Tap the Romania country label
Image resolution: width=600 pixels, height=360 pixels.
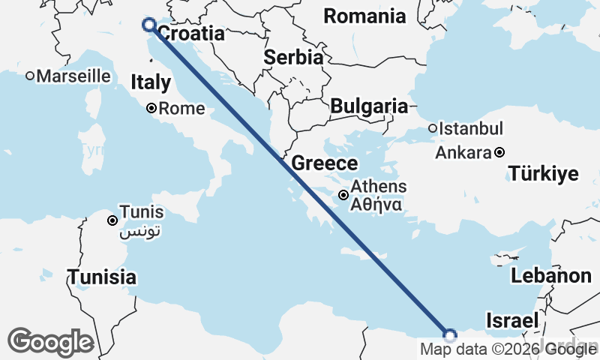point(364,16)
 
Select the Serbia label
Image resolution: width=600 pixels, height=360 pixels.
point(294,58)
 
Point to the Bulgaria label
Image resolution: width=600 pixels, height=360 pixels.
point(369,106)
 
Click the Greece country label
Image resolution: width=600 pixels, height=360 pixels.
point(325,163)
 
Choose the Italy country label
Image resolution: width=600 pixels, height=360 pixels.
point(151,82)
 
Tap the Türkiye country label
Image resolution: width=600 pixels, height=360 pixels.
point(544,175)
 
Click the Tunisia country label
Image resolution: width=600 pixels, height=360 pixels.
point(103,277)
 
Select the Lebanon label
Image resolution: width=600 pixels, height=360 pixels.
point(551,275)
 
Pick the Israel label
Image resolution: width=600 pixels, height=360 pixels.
point(512,320)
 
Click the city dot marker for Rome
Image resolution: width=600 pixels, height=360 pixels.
point(151,109)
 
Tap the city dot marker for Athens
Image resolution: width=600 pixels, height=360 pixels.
point(343,195)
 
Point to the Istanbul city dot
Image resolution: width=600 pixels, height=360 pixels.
point(433,128)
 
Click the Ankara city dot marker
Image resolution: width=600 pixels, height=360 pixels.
point(499,153)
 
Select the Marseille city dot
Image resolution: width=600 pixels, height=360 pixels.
point(30,76)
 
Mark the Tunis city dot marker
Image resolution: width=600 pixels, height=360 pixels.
point(112,220)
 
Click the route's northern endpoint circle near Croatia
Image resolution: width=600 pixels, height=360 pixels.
point(148,25)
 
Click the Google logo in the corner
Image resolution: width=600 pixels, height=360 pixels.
point(50,342)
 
